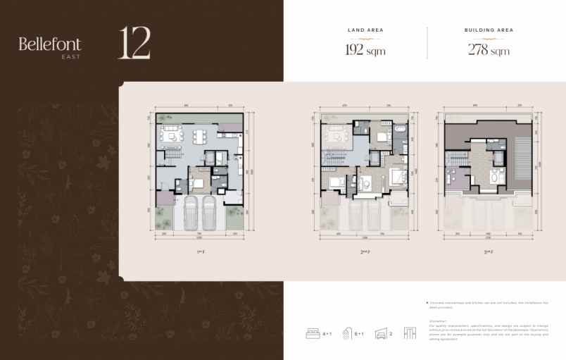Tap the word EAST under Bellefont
click(70, 56)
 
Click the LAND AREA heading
click(365, 30)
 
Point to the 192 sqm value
click(365, 50)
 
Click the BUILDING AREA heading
click(489, 30)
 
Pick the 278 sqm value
click(489, 50)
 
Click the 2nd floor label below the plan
click(365, 249)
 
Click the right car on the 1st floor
click(208, 211)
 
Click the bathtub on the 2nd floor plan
click(400, 132)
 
